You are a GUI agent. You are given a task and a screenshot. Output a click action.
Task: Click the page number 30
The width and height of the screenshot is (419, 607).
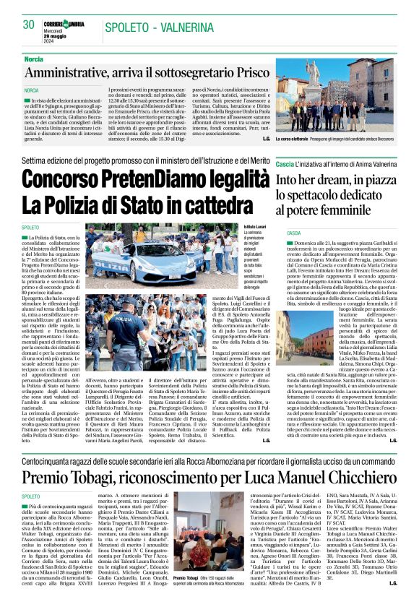pyautogui.click(x=29, y=25)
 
